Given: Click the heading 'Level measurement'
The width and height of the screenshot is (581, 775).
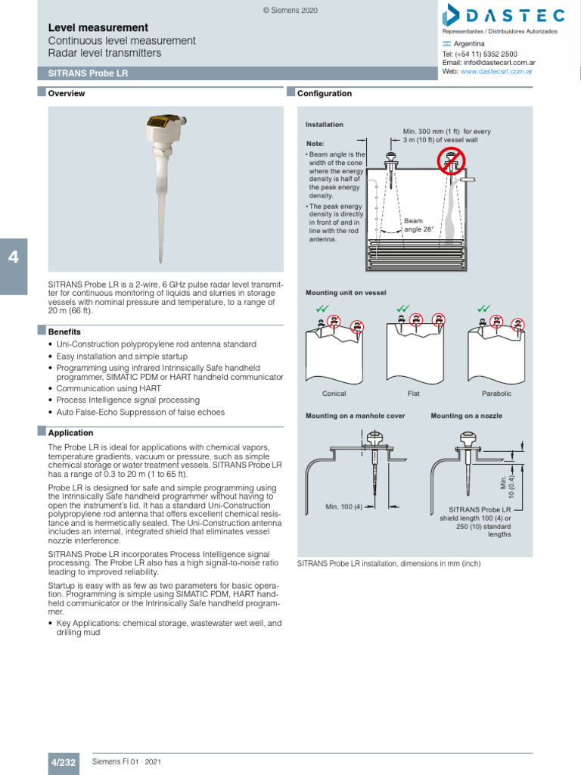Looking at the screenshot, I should tap(98, 27).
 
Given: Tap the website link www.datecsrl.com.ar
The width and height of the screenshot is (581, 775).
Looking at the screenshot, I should tap(496, 71).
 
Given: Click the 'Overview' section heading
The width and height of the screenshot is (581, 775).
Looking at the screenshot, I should tap(67, 94).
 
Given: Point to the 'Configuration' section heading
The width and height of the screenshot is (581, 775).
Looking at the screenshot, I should tap(325, 94).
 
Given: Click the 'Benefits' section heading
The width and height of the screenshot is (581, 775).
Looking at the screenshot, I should tap(64, 331).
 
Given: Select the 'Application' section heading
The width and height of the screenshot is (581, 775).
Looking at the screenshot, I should tap(70, 433).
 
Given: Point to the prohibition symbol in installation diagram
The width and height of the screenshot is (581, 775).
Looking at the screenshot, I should tap(452, 160).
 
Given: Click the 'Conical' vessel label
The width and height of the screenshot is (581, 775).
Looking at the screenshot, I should tap(334, 394).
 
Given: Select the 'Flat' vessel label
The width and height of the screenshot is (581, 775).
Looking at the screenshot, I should tap(414, 394).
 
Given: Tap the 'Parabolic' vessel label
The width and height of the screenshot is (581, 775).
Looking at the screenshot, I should tap(496, 394).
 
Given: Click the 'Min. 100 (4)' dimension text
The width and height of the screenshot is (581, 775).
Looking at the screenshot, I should tap(344, 506).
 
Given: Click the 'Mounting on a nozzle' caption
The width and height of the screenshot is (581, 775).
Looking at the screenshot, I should tap(466, 416).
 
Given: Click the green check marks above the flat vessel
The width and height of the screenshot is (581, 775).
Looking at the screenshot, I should tap(402, 309).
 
